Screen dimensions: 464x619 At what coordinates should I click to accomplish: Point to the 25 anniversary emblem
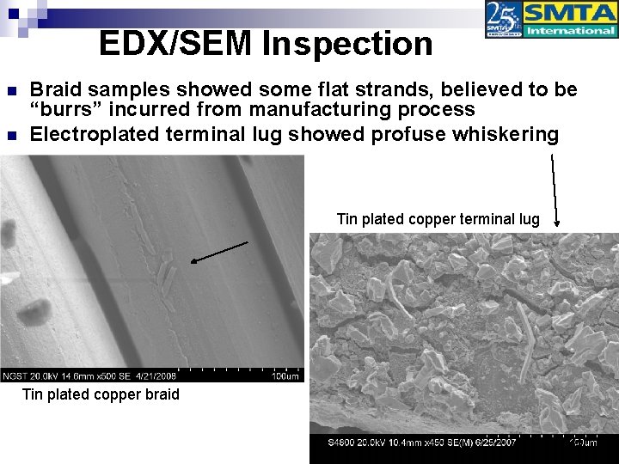pyautogui.click(x=504, y=20)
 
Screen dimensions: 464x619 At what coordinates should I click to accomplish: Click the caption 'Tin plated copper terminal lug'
pyautogui.click(x=438, y=219)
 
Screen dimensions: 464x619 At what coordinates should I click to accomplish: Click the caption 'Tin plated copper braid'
pyautogui.click(x=101, y=394)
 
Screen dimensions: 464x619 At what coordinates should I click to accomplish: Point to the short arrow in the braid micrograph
pyautogui.click(x=219, y=252)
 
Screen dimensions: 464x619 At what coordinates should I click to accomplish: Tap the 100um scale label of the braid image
pyautogui.click(x=285, y=375)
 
